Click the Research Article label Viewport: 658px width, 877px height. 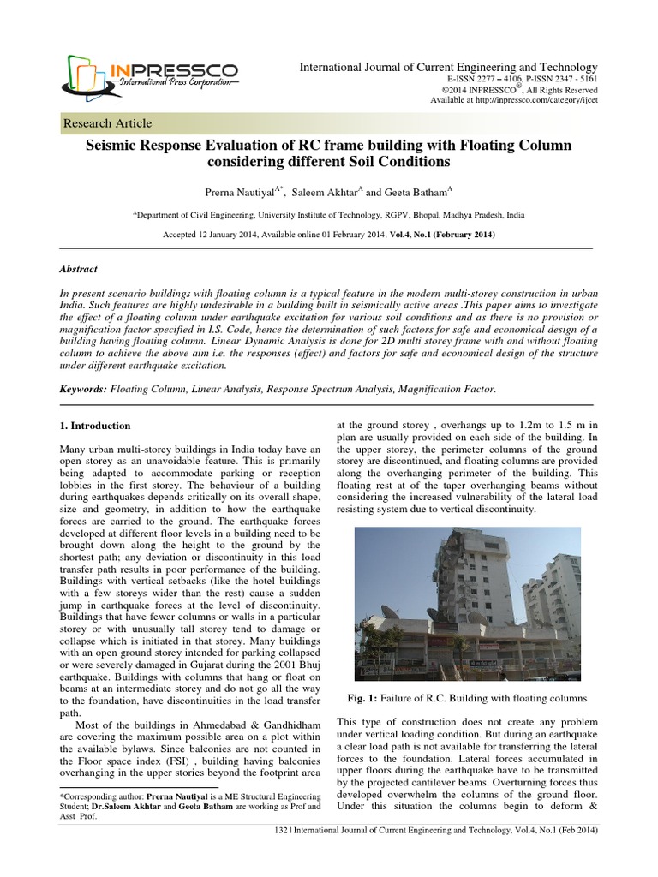(x=108, y=123)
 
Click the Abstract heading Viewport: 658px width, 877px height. (x=78, y=268)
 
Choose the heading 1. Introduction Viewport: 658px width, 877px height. (x=94, y=426)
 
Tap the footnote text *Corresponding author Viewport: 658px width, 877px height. (x=99, y=796)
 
